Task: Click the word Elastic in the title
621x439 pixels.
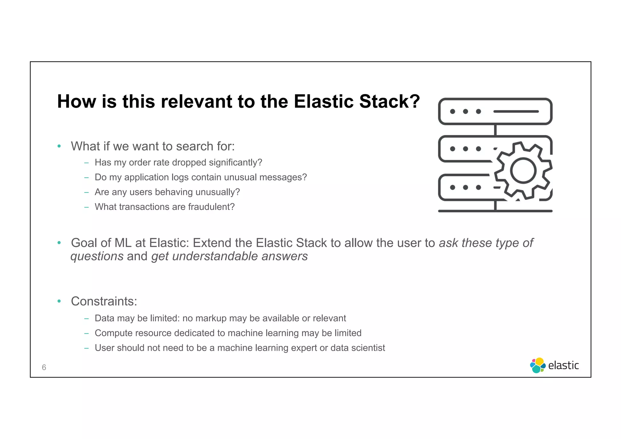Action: tap(324, 101)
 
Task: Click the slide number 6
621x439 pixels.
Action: tap(44, 367)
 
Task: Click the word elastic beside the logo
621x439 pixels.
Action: tap(563, 366)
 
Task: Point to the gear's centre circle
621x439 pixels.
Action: tap(523, 171)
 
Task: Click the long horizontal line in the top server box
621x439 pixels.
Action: tap(516, 111)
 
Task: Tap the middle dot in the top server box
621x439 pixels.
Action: tap(465, 111)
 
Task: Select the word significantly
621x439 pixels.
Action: tap(235, 163)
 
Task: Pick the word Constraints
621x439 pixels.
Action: tap(104, 301)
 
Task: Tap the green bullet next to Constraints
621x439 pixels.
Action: tap(59, 301)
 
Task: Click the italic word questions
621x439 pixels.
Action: tap(97, 256)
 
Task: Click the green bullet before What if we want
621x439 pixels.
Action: tap(59, 146)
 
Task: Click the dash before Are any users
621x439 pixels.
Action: tap(87, 192)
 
